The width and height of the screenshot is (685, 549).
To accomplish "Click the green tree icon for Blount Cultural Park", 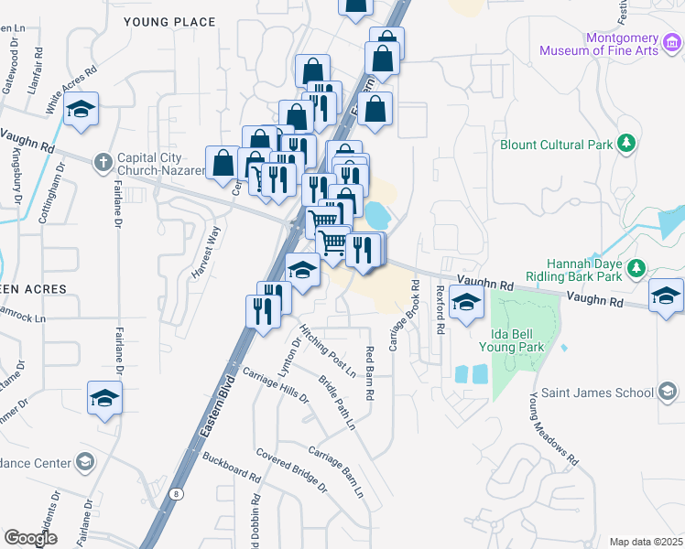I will tap(626, 143).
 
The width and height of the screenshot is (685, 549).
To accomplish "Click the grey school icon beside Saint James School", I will tap(669, 393).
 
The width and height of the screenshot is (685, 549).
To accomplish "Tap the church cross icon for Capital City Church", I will tap(103, 162).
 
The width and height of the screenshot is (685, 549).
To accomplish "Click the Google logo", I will tap(30, 538).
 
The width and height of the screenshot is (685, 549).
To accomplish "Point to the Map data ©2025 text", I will tap(646, 542).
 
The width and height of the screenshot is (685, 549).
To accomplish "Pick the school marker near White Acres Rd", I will tap(82, 112).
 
